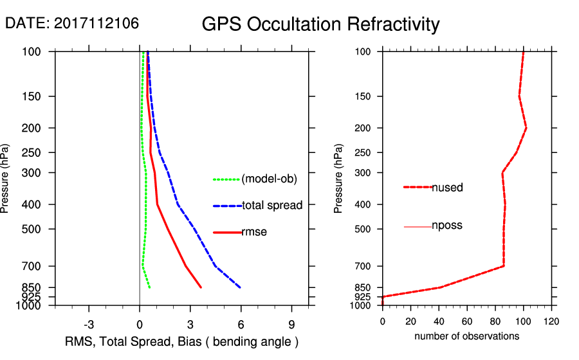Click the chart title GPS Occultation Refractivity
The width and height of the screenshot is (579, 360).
pyautogui.click(x=320, y=24)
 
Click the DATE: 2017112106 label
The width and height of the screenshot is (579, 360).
pyautogui.click(x=72, y=24)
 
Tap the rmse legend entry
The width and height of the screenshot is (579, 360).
pyautogui.click(x=254, y=232)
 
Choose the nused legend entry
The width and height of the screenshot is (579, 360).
pyautogui.click(x=447, y=188)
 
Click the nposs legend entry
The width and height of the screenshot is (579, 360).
pyautogui.click(x=447, y=226)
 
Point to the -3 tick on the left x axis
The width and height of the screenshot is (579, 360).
pyautogui.click(x=89, y=325)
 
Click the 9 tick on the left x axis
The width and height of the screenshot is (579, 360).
pyautogui.click(x=291, y=325)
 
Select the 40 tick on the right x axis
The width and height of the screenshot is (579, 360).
pyautogui.click(x=439, y=321)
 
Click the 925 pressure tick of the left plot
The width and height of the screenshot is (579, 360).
pyautogui.click(x=32, y=296)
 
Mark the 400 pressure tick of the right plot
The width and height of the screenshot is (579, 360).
pyautogui.click(x=361, y=204)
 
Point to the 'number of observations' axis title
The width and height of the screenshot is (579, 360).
pyautogui.click(x=466, y=336)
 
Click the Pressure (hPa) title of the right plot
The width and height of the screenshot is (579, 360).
pyautogui.click(x=338, y=179)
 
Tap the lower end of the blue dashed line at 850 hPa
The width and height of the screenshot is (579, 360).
pyautogui.click(x=240, y=287)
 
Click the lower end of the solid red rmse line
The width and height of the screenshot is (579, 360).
pyautogui.click(x=201, y=287)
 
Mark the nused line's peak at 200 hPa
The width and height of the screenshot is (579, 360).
pyautogui.click(x=526, y=128)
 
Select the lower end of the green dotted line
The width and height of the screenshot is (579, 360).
pyautogui.click(x=149, y=287)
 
